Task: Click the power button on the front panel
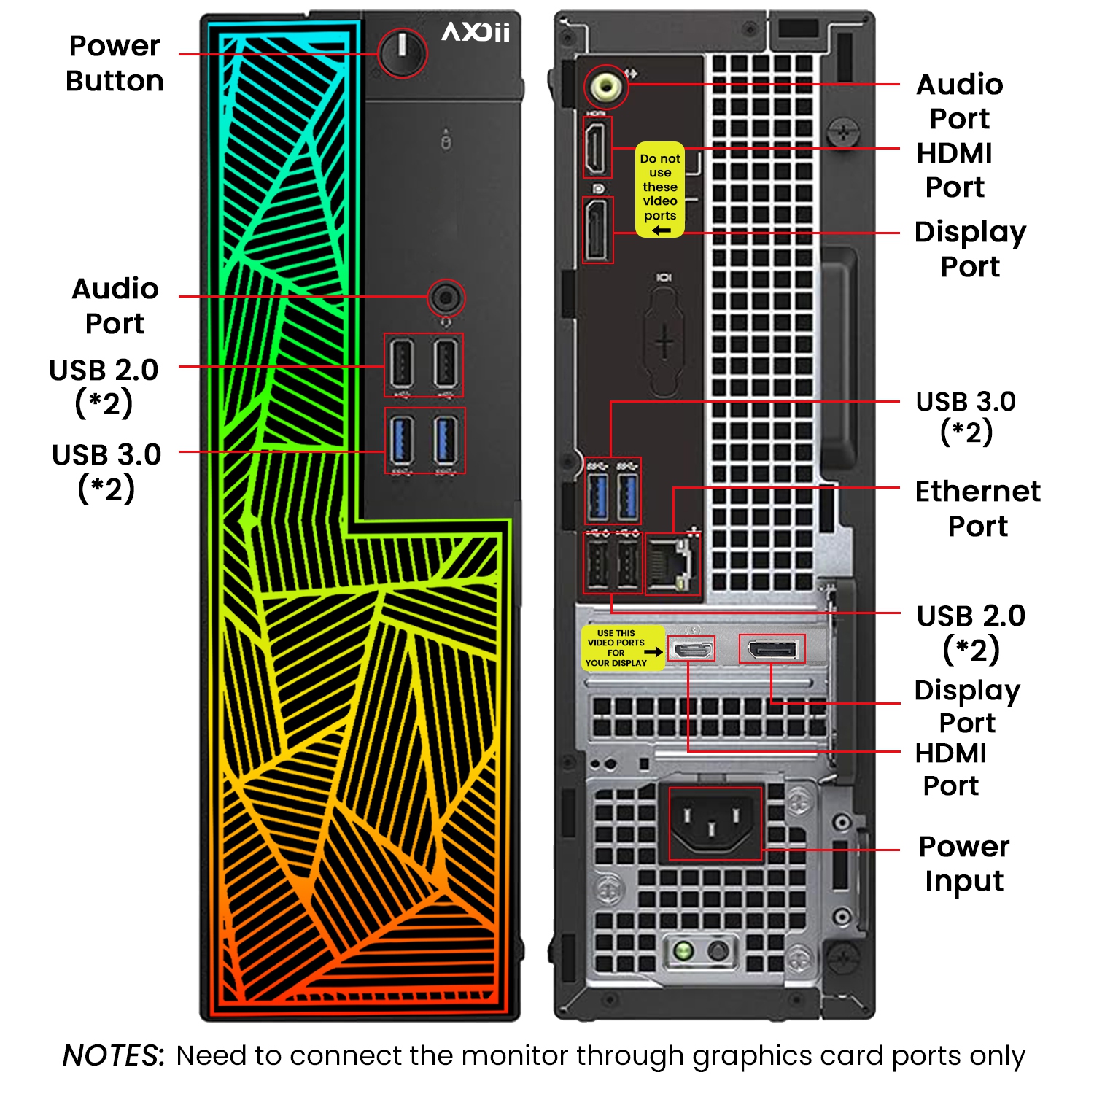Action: [x=402, y=53]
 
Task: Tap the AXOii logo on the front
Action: [x=476, y=32]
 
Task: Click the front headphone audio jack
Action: [x=446, y=298]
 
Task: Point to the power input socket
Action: [x=715, y=823]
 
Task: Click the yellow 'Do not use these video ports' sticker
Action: [x=660, y=190]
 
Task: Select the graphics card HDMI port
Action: [x=691, y=648]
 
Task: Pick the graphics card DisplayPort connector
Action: [x=772, y=648]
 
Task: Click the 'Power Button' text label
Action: [x=115, y=63]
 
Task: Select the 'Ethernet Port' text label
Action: [x=977, y=508]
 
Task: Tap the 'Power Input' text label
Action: [x=963, y=864]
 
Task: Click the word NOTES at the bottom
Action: [x=113, y=1055]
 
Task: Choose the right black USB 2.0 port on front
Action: [x=446, y=363]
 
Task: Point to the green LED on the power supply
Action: [x=683, y=950]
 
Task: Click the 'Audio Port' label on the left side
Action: [x=115, y=306]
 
